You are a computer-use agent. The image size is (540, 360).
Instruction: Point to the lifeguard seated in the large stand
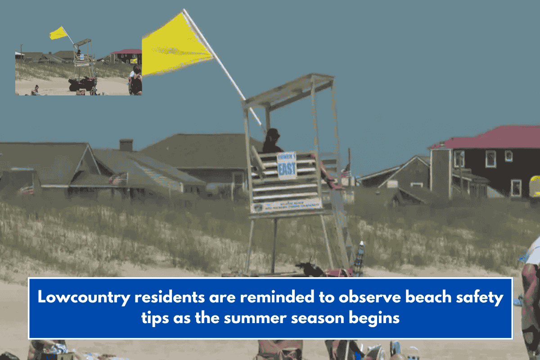272,142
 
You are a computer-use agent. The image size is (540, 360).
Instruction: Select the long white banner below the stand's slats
287,205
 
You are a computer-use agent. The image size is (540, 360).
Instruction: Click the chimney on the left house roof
126,144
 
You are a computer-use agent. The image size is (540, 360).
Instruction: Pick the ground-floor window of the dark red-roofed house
516,188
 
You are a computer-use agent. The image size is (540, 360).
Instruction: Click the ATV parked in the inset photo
82,84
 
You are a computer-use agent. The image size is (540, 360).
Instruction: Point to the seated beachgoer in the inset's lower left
35,90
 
